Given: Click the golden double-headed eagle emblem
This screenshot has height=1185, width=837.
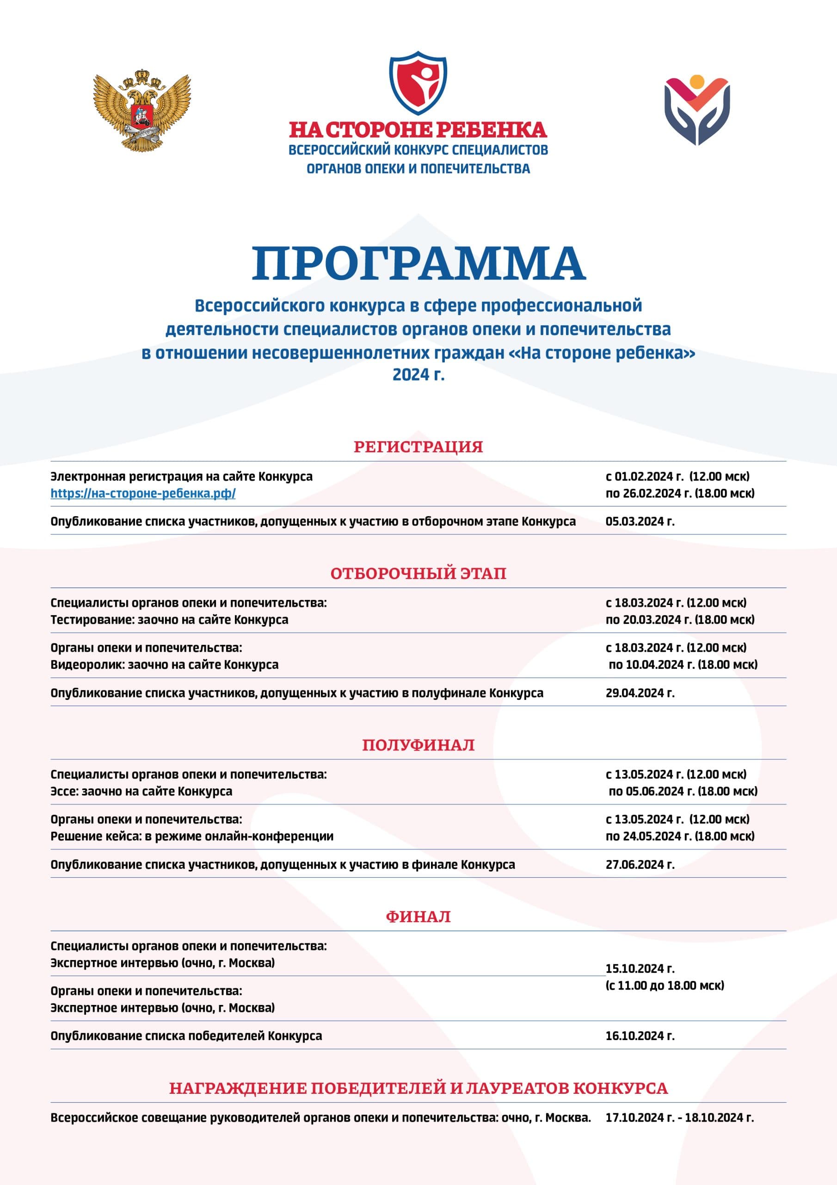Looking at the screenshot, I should [x=142, y=111].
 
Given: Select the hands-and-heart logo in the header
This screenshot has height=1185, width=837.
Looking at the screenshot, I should [x=697, y=109].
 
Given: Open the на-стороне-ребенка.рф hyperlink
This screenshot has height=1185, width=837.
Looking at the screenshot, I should [x=143, y=493].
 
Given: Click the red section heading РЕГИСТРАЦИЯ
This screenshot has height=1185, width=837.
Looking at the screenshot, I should [x=418, y=446].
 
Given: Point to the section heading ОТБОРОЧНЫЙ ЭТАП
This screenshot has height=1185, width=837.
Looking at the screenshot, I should [x=418, y=574].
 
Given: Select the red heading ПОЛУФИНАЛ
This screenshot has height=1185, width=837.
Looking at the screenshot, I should [x=418, y=745].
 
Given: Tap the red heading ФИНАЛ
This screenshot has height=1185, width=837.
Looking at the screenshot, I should [x=418, y=917].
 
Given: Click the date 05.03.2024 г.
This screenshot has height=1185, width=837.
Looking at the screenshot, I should [x=640, y=521].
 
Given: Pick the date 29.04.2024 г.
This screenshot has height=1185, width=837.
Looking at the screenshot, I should [x=640, y=692].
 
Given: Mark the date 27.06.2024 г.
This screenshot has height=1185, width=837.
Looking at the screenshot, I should [x=640, y=865].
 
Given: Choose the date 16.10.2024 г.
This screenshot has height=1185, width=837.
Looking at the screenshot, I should [x=640, y=1036].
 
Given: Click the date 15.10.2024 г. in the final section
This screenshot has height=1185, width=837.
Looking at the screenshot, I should [x=640, y=969].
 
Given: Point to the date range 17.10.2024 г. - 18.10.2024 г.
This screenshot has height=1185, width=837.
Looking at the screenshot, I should [x=679, y=1117].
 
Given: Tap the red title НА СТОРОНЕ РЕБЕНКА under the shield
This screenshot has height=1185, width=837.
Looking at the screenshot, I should [x=418, y=130].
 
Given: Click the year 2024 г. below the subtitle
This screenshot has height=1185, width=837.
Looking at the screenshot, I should [x=418, y=374].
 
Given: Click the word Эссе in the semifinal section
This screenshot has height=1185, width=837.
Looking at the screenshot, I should [x=63, y=791].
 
